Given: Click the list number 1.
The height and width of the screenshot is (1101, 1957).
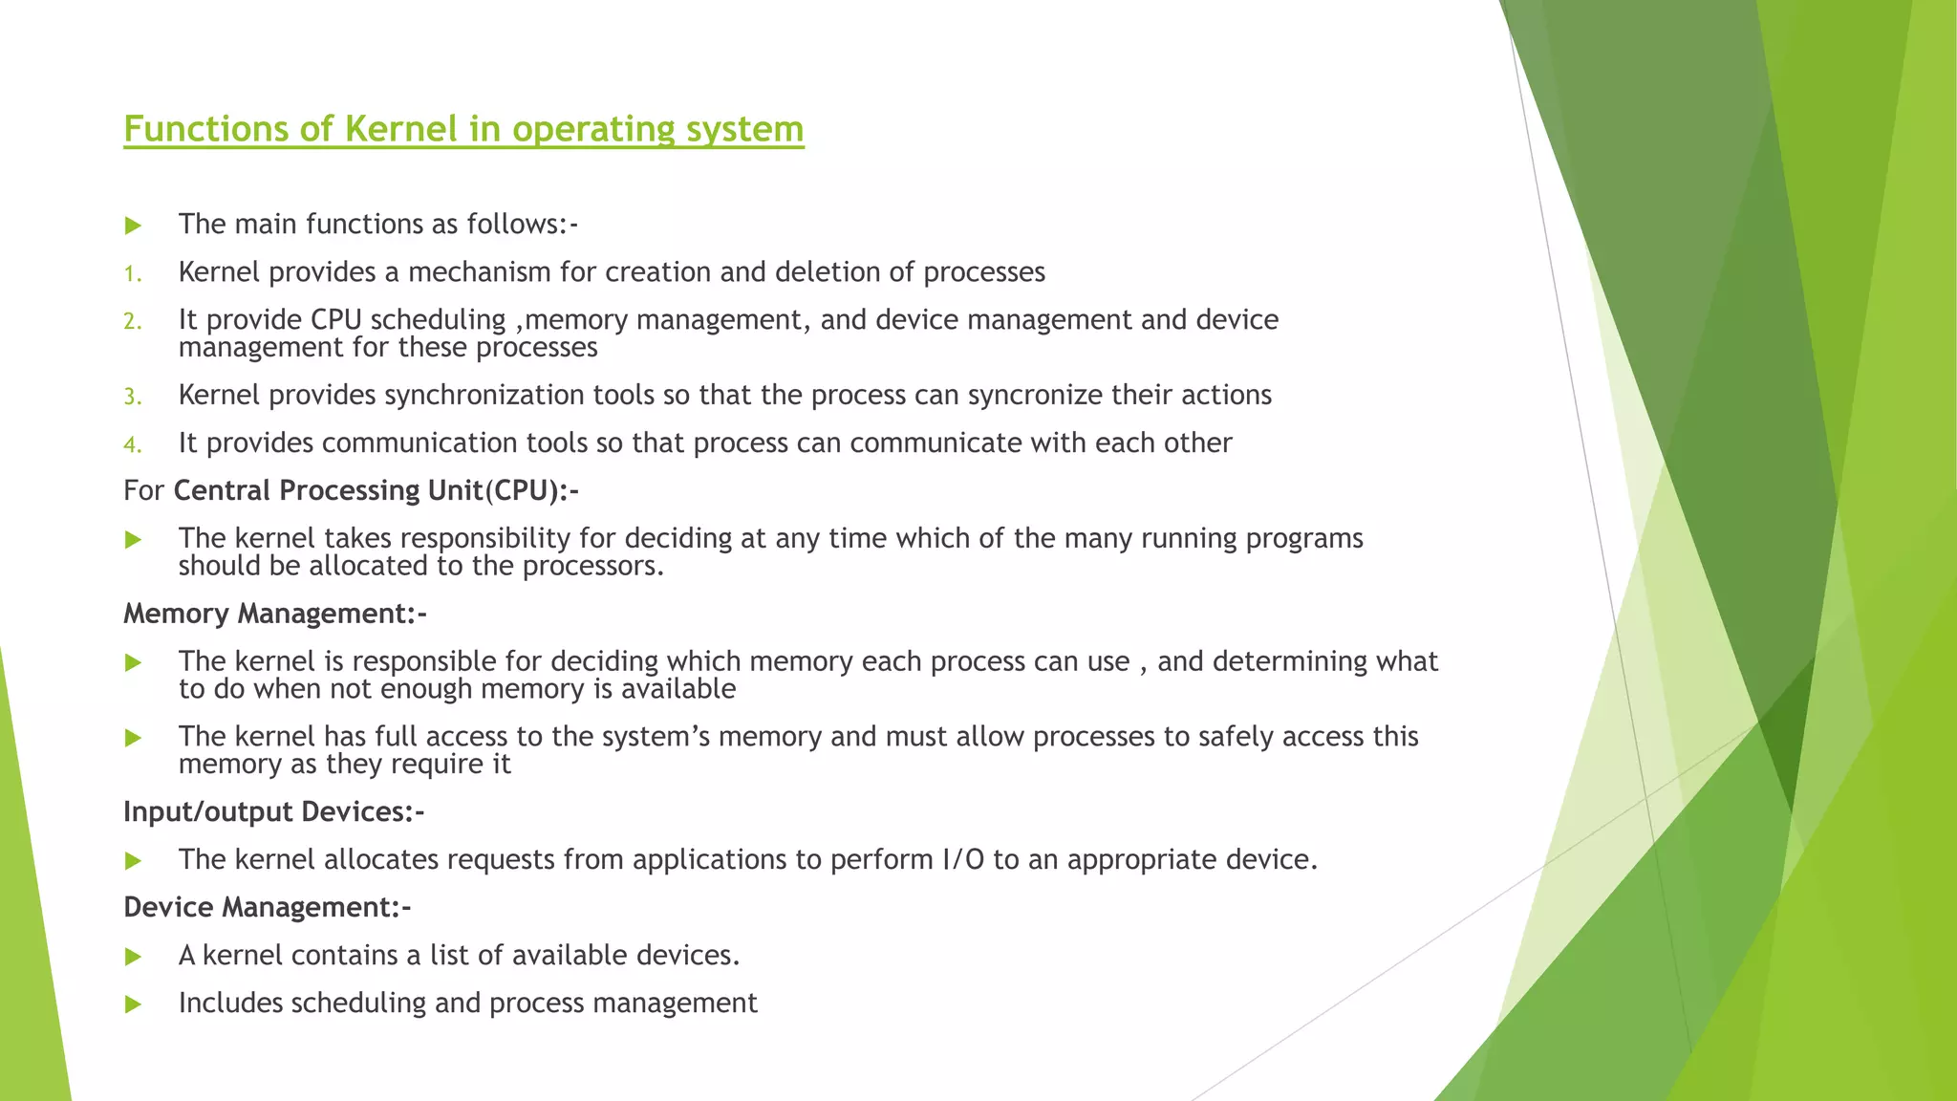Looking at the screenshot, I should point(132,274).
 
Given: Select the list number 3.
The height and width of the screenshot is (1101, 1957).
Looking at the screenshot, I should point(132,397).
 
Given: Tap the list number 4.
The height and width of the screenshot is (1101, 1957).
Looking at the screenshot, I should point(132,444).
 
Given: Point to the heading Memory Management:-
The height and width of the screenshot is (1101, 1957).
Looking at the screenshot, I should point(275,614).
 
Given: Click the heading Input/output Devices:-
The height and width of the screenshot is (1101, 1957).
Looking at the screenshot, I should point(273,812).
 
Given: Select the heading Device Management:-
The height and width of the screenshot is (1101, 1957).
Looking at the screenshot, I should point(268,907).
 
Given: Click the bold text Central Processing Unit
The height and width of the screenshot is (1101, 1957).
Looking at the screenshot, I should point(328,490).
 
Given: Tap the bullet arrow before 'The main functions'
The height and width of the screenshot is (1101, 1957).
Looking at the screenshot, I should point(133,226).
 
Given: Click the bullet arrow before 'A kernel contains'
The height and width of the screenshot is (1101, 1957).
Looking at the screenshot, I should point(133,957).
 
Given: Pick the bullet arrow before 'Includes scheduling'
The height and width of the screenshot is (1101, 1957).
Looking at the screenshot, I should point(133,1004).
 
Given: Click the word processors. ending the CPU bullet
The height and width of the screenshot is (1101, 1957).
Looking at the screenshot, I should point(592,566).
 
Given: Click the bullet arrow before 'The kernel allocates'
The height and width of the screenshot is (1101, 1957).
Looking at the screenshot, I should point(133,861).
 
